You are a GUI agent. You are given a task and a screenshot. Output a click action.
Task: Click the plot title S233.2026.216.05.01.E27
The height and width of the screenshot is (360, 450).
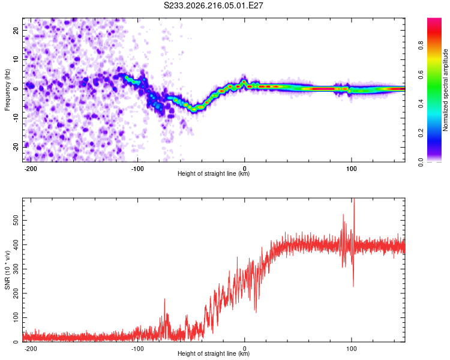(213, 5)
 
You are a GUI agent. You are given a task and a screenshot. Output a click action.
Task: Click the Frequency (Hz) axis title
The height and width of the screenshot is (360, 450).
(7, 90)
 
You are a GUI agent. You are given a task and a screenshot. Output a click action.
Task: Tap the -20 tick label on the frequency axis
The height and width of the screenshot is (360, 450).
(16, 148)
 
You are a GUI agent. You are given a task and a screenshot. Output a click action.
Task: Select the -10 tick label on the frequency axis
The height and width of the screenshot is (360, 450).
(16, 118)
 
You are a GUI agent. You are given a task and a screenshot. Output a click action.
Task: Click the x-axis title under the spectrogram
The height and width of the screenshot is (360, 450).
(214, 173)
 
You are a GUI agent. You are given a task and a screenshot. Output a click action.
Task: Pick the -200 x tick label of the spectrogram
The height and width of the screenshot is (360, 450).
(30, 169)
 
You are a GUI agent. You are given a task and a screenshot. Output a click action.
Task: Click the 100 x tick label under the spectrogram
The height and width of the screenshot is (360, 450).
(351, 169)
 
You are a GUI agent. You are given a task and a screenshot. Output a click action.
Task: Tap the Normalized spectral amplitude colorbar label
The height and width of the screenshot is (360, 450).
(445, 90)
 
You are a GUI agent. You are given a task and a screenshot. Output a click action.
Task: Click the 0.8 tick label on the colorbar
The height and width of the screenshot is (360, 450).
(421, 46)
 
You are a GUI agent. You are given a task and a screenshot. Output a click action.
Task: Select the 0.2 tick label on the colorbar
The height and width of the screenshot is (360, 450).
(421, 133)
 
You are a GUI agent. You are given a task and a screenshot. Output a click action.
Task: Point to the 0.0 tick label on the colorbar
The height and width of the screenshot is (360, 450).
(421, 162)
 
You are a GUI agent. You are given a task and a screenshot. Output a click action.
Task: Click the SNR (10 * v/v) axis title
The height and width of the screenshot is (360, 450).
(7, 270)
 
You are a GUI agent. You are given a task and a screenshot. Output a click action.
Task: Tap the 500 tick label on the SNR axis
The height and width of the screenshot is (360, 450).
(16, 220)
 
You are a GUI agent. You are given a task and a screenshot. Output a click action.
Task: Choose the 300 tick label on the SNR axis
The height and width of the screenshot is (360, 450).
(16, 269)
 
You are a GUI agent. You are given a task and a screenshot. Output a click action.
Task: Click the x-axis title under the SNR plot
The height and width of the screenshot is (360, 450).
(214, 353)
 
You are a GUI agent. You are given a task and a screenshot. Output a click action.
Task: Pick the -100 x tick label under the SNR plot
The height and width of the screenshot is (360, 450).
(137, 349)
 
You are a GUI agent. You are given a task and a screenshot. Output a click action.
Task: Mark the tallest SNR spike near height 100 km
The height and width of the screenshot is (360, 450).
(354, 199)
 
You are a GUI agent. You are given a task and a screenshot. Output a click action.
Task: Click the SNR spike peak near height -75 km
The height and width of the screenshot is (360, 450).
(165, 299)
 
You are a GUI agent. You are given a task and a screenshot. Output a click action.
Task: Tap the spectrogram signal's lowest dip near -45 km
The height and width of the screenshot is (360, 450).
(194, 109)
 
